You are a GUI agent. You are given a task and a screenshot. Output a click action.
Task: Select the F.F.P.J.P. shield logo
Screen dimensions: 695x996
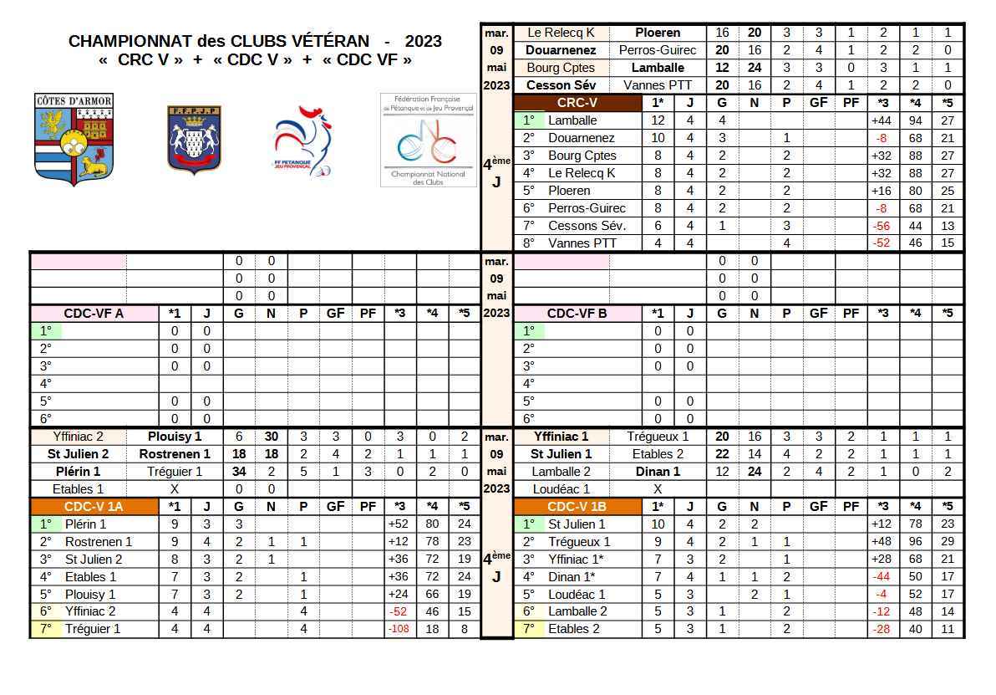(x=194, y=139)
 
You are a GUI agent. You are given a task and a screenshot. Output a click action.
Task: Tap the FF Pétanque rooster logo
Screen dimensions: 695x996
(x=302, y=141)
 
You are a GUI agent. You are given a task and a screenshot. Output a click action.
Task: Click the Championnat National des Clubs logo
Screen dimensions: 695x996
(x=428, y=140)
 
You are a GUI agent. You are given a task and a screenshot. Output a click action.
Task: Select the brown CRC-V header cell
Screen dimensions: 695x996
(x=577, y=103)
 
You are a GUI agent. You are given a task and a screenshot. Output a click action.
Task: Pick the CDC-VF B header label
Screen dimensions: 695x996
(x=577, y=313)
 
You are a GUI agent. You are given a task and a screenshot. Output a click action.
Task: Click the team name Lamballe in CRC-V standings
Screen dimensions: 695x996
(x=572, y=120)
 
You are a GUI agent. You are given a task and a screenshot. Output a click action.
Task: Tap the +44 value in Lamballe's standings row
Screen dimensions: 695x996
(x=882, y=120)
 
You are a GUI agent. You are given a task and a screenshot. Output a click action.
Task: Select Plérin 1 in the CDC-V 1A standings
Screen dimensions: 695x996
(x=85, y=524)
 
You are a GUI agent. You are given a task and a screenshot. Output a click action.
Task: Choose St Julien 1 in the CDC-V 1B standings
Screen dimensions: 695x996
(x=577, y=524)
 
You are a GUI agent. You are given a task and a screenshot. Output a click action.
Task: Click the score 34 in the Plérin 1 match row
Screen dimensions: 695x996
(x=238, y=471)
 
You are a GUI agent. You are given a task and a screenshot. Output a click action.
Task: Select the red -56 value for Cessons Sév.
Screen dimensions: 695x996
(x=882, y=226)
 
